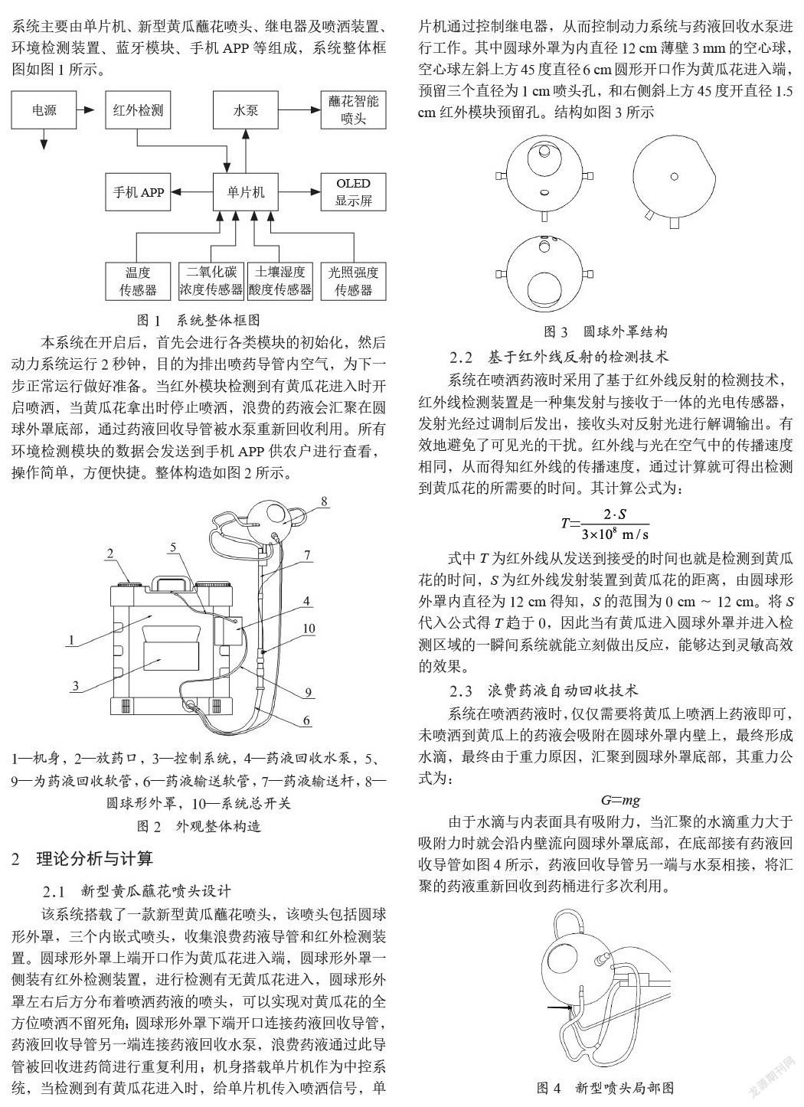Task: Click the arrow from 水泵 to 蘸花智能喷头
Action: (299, 109)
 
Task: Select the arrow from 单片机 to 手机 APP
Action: (191, 192)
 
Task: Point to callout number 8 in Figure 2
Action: (324, 501)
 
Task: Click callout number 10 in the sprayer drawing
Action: (309, 628)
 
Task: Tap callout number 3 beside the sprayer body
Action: (76, 685)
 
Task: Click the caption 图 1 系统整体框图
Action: (198, 320)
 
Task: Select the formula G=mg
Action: (620, 800)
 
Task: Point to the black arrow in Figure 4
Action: (560, 1006)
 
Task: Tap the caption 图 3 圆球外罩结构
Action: (606, 331)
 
